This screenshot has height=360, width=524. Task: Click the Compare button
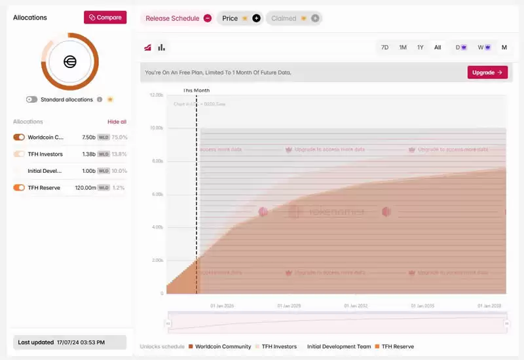point(105,18)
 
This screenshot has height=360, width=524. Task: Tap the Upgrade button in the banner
point(487,72)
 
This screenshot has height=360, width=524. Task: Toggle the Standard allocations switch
point(31,99)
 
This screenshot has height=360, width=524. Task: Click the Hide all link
point(117,122)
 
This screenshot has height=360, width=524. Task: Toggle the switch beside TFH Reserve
point(19,188)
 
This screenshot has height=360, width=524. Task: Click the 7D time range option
point(384,47)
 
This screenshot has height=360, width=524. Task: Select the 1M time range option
point(403,47)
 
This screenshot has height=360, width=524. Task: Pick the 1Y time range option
point(421,47)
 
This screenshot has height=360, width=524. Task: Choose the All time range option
point(438,47)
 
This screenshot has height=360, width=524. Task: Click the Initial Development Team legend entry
point(339,346)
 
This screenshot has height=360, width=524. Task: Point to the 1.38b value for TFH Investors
point(88,154)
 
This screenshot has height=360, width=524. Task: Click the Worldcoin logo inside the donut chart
point(70,62)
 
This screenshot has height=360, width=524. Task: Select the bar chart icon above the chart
point(162,47)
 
